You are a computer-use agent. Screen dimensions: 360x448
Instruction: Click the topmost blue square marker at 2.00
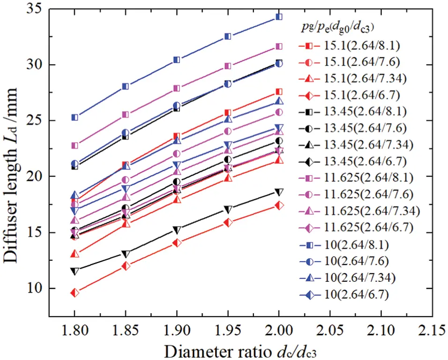(x=279, y=17)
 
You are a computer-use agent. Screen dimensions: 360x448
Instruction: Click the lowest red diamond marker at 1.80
(x=75, y=293)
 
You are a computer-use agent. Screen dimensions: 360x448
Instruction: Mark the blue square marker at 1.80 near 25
(x=75, y=117)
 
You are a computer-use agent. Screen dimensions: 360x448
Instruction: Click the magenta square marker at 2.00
(x=279, y=46)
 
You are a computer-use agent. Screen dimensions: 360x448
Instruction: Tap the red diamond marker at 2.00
(x=279, y=205)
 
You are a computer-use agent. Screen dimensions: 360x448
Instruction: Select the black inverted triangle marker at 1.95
(x=228, y=209)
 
